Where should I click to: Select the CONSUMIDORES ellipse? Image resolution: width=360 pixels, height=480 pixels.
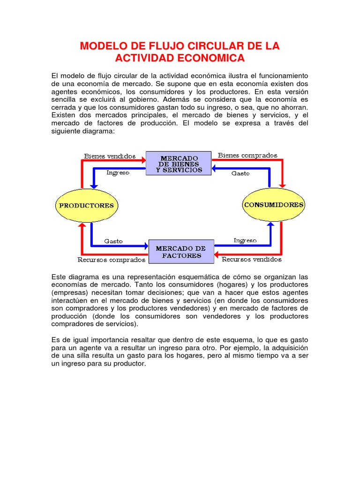(274, 205)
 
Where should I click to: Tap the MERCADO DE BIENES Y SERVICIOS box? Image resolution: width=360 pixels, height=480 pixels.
(179, 164)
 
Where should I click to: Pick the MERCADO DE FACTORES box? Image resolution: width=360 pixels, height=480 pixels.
(181, 252)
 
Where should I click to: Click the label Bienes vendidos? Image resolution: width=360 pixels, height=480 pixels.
(110, 156)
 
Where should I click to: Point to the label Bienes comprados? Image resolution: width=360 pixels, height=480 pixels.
(247, 155)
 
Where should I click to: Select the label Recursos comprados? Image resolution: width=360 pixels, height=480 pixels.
(111, 260)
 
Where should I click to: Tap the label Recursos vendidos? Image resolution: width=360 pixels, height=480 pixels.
(251, 259)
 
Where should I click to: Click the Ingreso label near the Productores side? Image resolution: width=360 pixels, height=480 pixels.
(118, 172)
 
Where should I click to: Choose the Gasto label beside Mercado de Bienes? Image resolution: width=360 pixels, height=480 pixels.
(240, 173)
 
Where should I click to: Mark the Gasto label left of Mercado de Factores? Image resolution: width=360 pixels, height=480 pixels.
(113, 241)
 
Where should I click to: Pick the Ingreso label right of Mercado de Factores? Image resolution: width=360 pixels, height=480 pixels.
(245, 240)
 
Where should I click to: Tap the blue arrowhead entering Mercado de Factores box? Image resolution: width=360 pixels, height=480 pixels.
(145, 245)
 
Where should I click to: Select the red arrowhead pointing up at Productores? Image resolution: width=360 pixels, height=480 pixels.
(82, 226)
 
